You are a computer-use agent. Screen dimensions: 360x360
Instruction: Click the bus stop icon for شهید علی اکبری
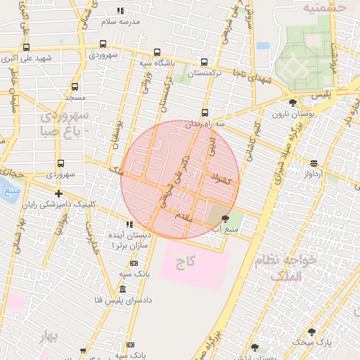pos(26,47)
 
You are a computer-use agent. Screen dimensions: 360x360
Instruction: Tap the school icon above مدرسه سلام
pos(120,11)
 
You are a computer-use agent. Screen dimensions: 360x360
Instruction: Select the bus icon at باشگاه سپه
pos(156,52)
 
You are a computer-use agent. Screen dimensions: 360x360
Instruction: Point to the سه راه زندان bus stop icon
pos(205,112)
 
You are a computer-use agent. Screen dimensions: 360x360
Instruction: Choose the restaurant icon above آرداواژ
pos(313,162)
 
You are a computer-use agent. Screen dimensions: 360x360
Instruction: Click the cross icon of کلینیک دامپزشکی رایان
pos(58,193)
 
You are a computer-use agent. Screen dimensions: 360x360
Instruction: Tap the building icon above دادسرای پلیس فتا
pos(123,290)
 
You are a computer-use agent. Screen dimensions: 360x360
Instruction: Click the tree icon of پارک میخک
pos(311,331)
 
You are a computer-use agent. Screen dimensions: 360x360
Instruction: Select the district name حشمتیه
pos(325,8)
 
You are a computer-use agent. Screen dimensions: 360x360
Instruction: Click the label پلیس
pos(321,94)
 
